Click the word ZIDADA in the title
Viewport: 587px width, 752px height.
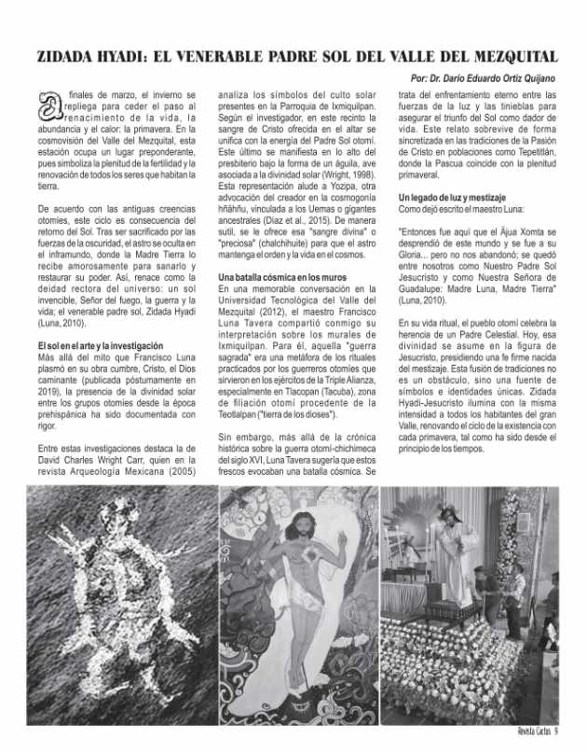point(68,56)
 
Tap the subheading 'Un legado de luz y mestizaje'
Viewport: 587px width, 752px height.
point(453,198)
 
